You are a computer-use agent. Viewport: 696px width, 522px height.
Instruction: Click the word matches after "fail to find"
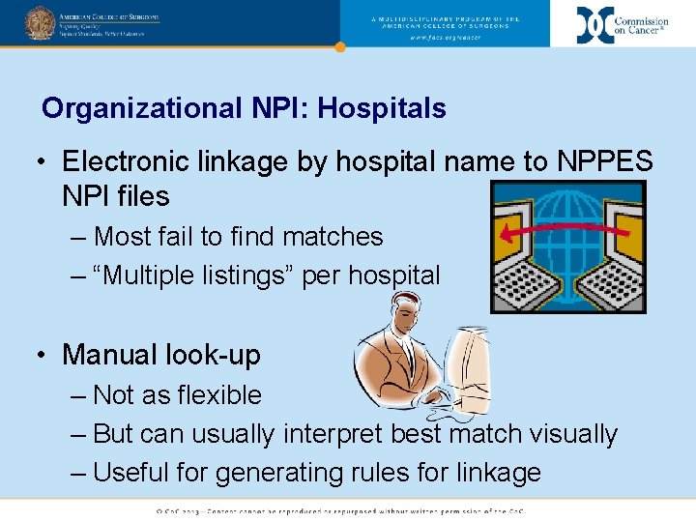click(x=333, y=237)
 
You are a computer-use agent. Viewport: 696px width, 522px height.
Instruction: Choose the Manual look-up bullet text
click(x=161, y=355)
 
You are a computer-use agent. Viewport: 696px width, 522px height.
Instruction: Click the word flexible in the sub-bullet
click(x=215, y=395)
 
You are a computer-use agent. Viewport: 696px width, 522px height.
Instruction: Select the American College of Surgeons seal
click(x=40, y=22)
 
